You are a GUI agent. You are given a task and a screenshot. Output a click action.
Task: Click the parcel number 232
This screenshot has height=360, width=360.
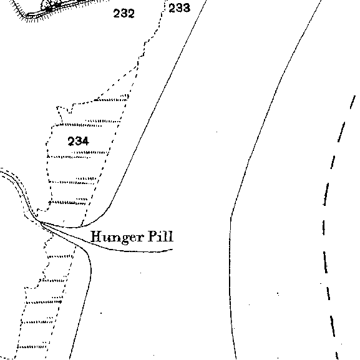point(124,13)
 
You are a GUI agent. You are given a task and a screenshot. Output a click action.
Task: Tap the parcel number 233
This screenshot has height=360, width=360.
point(179,8)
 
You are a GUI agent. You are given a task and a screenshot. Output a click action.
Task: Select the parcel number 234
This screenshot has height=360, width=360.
point(78,141)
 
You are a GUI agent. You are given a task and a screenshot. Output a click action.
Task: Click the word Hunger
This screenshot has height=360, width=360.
point(117,237)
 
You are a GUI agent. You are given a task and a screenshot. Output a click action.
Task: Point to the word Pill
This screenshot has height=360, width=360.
point(160,236)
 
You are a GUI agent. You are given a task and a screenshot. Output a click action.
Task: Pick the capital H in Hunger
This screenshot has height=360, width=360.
point(97,236)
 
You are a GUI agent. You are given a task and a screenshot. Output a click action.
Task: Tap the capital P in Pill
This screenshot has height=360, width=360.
point(152,236)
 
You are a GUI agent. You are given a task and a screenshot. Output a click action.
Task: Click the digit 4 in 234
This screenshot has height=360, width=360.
point(85,141)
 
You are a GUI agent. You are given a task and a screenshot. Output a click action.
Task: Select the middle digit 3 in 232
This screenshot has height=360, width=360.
point(124,13)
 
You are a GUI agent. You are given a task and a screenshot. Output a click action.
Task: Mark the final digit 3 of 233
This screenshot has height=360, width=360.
point(187,8)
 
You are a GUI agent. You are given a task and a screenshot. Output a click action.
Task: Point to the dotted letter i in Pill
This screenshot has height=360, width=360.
point(161,236)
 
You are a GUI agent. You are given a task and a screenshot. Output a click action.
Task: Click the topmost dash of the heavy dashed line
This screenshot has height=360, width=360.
point(353,102)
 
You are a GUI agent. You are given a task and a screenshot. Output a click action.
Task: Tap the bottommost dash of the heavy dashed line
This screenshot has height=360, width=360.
point(337,355)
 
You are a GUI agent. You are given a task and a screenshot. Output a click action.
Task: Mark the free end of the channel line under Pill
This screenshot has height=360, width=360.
point(172,249)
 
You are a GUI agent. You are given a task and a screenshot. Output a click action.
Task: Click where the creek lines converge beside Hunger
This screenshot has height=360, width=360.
point(41,222)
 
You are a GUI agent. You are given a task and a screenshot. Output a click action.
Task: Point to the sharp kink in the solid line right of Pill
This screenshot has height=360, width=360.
point(231,216)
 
